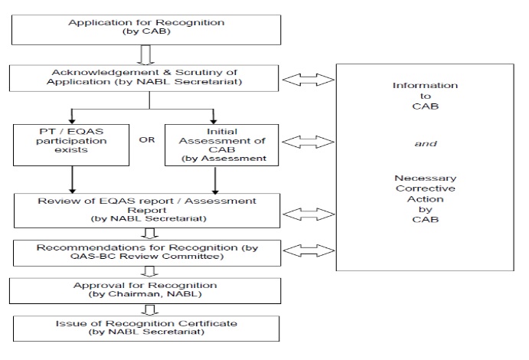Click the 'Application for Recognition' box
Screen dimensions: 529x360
click(x=146, y=30)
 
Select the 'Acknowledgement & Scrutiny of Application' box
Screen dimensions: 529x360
click(x=144, y=78)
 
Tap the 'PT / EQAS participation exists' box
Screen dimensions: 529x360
click(x=71, y=145)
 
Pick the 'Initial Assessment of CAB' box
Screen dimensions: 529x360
click(x=222, y=145)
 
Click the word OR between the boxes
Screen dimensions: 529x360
click(x=147, y=139)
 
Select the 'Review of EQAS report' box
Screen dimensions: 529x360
click(x=147, y=211)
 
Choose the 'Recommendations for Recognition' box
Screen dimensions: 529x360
click(x=147, y=253)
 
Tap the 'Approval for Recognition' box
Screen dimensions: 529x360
click(x=145, y=291)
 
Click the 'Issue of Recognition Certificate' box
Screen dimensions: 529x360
click(x=146, y=329)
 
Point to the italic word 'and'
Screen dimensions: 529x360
click(x=426, y=144)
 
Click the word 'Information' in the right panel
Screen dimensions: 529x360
click(x=425, y=85)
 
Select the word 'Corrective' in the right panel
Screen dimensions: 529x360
click(x=426, y=188)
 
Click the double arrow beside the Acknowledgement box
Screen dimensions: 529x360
click(x=309, y=80)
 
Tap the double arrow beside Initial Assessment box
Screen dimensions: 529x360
click(x=308, y=142)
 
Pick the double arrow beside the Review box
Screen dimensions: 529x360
click(x=309, y=214)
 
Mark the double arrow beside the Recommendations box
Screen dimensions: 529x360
click(x=309, y=250)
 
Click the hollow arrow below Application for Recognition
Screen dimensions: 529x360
click(x=145, y=54)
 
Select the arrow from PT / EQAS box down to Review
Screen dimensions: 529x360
click(x=72, y=180)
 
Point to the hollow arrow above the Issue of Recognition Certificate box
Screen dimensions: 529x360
click(x=149, y=310)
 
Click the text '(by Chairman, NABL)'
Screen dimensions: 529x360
click(x=145, y=294)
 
